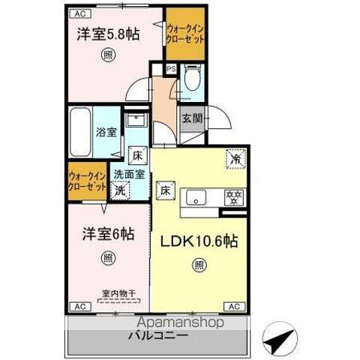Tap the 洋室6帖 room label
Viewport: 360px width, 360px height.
point(108,234)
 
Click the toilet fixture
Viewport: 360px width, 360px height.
point(191,79)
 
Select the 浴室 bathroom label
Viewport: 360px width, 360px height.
point(106,133)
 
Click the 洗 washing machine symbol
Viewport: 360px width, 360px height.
point(119,190)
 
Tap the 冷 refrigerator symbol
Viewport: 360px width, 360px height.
point(235,158)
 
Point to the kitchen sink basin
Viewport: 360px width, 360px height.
point(198,198)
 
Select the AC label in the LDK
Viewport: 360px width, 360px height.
point(234,306)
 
